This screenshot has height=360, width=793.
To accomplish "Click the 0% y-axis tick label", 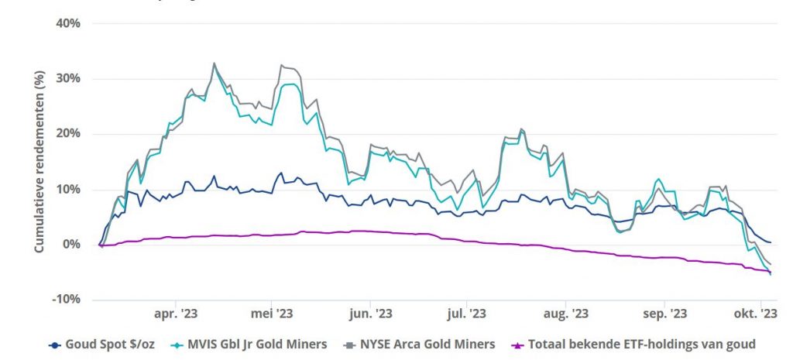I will (72, 245).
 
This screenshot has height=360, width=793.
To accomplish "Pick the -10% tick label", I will (67, 300).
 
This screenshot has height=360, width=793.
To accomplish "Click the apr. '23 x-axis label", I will (176, 314).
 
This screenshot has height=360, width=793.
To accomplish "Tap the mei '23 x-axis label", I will (272, 314).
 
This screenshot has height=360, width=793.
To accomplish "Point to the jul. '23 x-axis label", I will (467, 314).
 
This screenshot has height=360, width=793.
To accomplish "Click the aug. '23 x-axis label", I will (565, 314).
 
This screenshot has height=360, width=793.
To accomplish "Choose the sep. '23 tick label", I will (665, 314).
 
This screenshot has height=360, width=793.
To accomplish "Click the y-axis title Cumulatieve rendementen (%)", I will (39, 162).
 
